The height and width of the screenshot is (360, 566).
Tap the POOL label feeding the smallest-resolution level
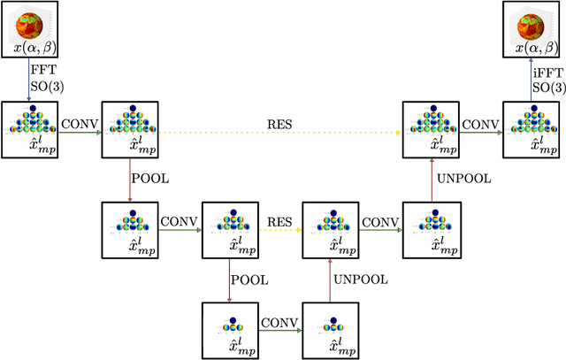(249, 279)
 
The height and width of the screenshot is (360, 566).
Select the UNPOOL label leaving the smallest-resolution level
(360, 279)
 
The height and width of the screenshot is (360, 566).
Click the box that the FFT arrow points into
(29, 131)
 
